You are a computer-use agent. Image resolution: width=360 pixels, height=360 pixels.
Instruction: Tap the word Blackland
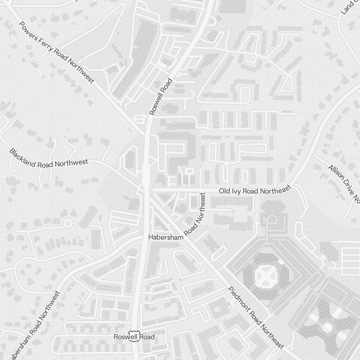click(x=22, y=158)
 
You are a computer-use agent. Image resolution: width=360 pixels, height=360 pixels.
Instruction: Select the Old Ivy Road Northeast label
click(x=255, y=190)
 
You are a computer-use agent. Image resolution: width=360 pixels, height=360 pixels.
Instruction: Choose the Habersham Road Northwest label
click(x=34, y=324)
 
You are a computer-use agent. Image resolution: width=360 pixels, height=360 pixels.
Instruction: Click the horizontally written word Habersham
click(x=166, y=237)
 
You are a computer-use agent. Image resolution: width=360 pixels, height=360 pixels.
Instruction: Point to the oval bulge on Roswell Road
click(x=146, y=174)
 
